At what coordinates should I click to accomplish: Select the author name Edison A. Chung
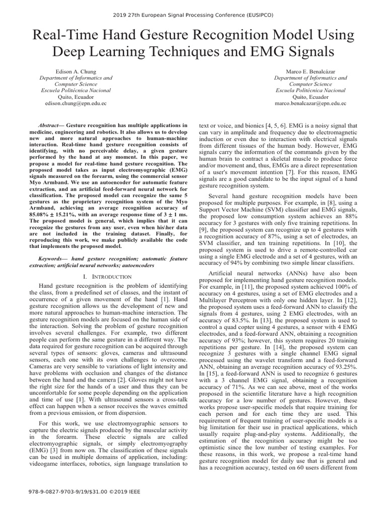76,72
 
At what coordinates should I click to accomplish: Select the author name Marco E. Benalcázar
310,72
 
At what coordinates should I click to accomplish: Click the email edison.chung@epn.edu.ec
76,103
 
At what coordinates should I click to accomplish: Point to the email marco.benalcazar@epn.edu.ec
310,103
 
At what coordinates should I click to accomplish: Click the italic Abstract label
50,124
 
